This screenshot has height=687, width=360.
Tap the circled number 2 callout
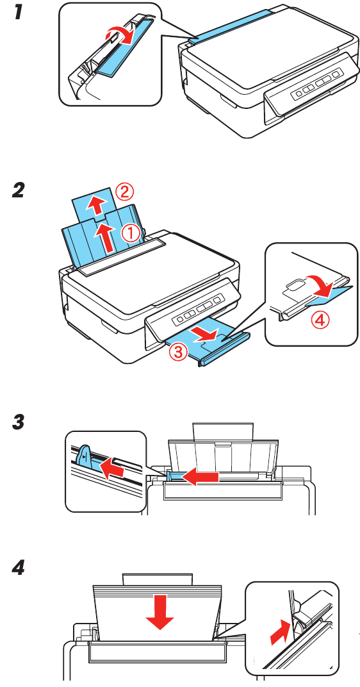(x=124, y=191)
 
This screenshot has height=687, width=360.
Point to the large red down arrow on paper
(x=160, y=613)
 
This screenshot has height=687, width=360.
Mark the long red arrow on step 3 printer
(x=199, y=476)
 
